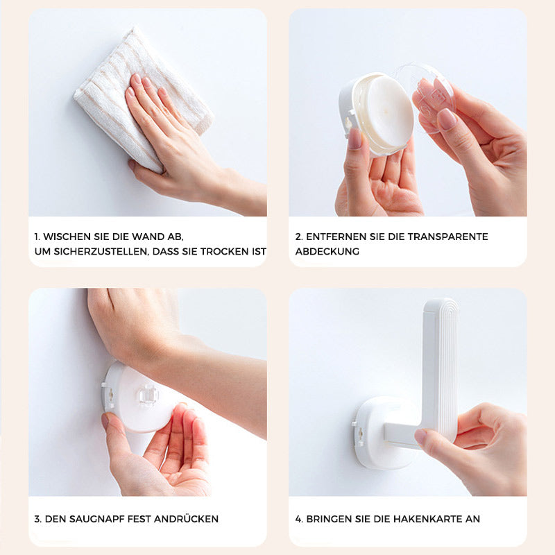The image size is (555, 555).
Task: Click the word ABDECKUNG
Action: pos(327,251)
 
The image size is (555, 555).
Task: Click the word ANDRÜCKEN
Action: pos(186,518)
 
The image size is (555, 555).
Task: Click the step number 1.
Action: pos(37,237)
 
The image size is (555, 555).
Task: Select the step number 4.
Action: pos(299,519)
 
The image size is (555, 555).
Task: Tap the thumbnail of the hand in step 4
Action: pos(420,436)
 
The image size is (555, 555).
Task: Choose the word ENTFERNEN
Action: pos(336,237)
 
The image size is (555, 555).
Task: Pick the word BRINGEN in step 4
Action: pos(328,519)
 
